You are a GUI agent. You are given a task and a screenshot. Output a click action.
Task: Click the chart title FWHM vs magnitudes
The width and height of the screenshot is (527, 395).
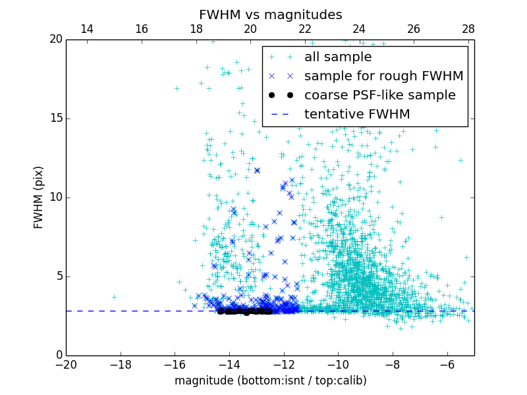270,14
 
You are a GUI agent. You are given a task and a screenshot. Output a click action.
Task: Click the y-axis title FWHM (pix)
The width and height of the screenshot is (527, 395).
39,197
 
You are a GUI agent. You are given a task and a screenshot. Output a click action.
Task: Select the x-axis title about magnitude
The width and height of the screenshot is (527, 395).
270,381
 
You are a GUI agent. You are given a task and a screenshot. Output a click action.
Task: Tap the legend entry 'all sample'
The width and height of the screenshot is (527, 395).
338,57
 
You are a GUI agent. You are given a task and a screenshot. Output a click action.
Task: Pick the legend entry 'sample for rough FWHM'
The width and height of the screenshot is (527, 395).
383,76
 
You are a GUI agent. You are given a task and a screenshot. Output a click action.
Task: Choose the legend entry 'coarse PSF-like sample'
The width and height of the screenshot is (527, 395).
379,95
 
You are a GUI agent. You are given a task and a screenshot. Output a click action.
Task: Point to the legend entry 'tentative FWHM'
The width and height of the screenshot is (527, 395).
357,115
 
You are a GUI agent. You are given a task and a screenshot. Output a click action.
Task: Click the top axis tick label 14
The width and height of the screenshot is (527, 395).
86,29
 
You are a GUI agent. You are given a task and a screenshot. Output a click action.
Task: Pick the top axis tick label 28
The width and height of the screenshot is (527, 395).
468,29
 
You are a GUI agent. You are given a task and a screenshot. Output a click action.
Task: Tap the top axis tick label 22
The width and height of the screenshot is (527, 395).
305,29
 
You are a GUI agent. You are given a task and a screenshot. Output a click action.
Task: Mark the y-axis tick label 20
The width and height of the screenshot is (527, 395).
54,39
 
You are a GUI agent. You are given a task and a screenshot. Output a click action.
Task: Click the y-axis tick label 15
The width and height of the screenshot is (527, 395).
54,118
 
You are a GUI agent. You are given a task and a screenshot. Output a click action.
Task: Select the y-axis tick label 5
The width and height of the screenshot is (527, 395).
57,276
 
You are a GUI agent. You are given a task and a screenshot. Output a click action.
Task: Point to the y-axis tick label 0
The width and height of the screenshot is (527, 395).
57,355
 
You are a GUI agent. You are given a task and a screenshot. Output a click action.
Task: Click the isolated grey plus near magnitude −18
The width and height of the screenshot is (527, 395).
113,297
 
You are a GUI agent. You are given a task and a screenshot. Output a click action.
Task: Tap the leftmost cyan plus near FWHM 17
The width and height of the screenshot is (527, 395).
177,88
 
